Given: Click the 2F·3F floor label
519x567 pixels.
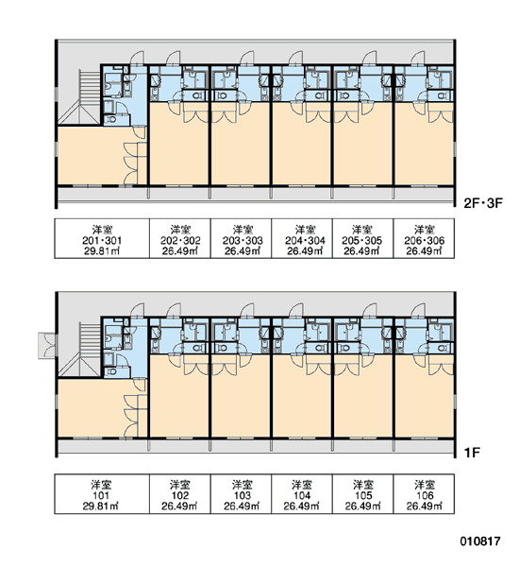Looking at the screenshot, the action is (x=483, y=203).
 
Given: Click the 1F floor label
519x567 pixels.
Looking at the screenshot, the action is (x=472, y=453).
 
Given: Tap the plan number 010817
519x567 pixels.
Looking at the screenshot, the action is (x=480, y=541).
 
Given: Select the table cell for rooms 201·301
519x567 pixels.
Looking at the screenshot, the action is (x=102, y=238).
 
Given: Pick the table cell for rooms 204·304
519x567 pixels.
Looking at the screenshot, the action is (x=302, y=238).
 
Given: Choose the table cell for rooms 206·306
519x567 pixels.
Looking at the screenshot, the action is (x=424, y=238).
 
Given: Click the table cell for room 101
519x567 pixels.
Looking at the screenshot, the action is (x=102, y=494).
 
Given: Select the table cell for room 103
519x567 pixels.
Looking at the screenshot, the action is (x=241, y=494).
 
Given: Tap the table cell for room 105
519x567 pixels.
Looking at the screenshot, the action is (x=362, y=494).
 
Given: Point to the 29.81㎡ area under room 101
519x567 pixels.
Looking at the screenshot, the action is (x=101, y=506).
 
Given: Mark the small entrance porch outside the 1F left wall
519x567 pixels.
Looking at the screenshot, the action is (x=47, y=345).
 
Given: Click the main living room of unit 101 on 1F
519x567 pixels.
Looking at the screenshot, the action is (x=92, y=408).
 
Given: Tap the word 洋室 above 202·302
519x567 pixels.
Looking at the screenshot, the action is (x=180, y=230).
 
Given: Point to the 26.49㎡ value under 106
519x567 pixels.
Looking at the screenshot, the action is (x=424, y=506).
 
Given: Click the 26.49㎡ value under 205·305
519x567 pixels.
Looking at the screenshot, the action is (x=362, y=250).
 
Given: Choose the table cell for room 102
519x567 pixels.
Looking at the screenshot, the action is (x=180, y=494).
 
